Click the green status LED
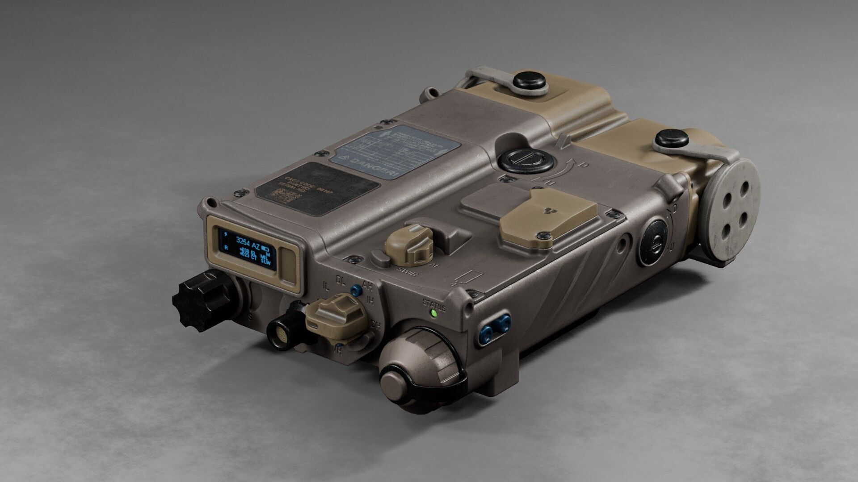tap(433, 313)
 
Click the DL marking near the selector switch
tap(341, 280)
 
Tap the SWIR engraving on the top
tap(406, 272)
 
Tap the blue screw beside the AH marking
tap(356, 291)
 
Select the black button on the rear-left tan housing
tap(530, 82)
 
